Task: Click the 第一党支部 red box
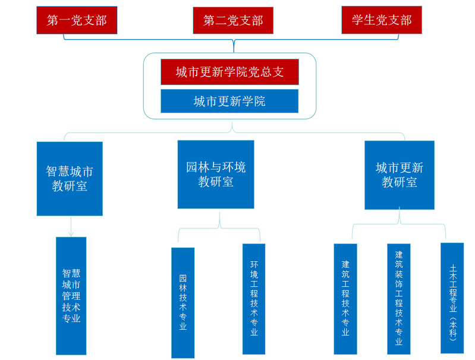(77, 20)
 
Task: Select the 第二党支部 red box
(233, 20)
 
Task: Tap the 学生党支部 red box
(382, 20)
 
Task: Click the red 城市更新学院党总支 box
(229, 72)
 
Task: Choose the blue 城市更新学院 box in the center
(229, 101)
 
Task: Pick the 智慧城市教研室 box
(70, 179)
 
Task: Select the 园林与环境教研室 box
(216, 174)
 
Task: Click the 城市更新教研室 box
(399, 175)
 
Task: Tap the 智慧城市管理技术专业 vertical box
(71, 296)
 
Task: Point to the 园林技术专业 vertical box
(183, 303)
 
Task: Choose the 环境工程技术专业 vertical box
(254, 299)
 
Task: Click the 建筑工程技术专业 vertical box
(345, 299)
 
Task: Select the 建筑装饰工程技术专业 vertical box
(399, 299)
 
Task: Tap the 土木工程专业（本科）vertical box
(452, 298)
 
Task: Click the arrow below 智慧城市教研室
(71, 227)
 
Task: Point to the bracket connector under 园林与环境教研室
(219, 227)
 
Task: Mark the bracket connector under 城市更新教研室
(399, 224)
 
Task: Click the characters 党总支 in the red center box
(266, 72)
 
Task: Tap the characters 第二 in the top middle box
(215, 21)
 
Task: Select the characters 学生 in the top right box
(363, 20)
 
